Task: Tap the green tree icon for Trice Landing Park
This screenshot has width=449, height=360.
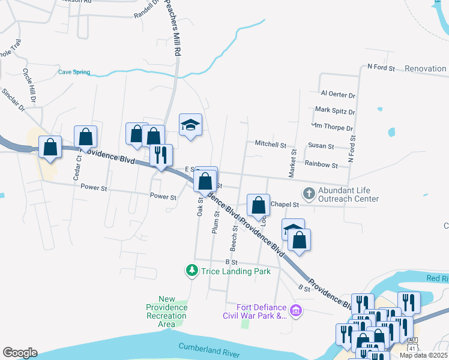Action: pos(191,271)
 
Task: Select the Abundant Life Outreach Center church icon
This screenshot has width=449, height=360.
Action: pos(309,193)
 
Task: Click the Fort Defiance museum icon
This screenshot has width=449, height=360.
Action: pos(295,311)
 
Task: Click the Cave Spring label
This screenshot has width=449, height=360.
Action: pos(74,72)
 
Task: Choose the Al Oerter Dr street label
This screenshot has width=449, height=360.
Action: pos(338,95)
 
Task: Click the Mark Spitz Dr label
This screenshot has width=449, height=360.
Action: pos(335,111)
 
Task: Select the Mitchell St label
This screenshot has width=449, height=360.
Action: pos(271,145)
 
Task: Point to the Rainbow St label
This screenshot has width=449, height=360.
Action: pos(321,164)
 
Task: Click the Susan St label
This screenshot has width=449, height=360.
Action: pos(321,146)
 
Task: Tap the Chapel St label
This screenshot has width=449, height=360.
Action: pos(285,205)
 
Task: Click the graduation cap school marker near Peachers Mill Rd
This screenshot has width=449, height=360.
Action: pos(190,125)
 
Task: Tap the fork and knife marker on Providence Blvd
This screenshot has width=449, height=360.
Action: pos(161,155)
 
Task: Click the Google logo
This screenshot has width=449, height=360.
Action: pos(20,353)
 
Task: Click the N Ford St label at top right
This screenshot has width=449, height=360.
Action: pos(381,68)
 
